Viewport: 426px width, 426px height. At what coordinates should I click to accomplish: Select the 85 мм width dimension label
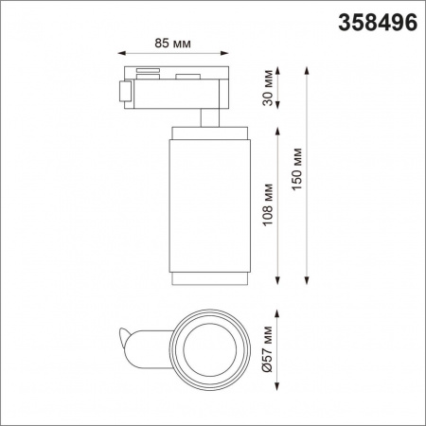point(172,43)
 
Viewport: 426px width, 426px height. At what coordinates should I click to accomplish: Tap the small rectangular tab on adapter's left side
point(123,92)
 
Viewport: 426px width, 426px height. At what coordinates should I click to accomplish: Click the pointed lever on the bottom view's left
point(124,335)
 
